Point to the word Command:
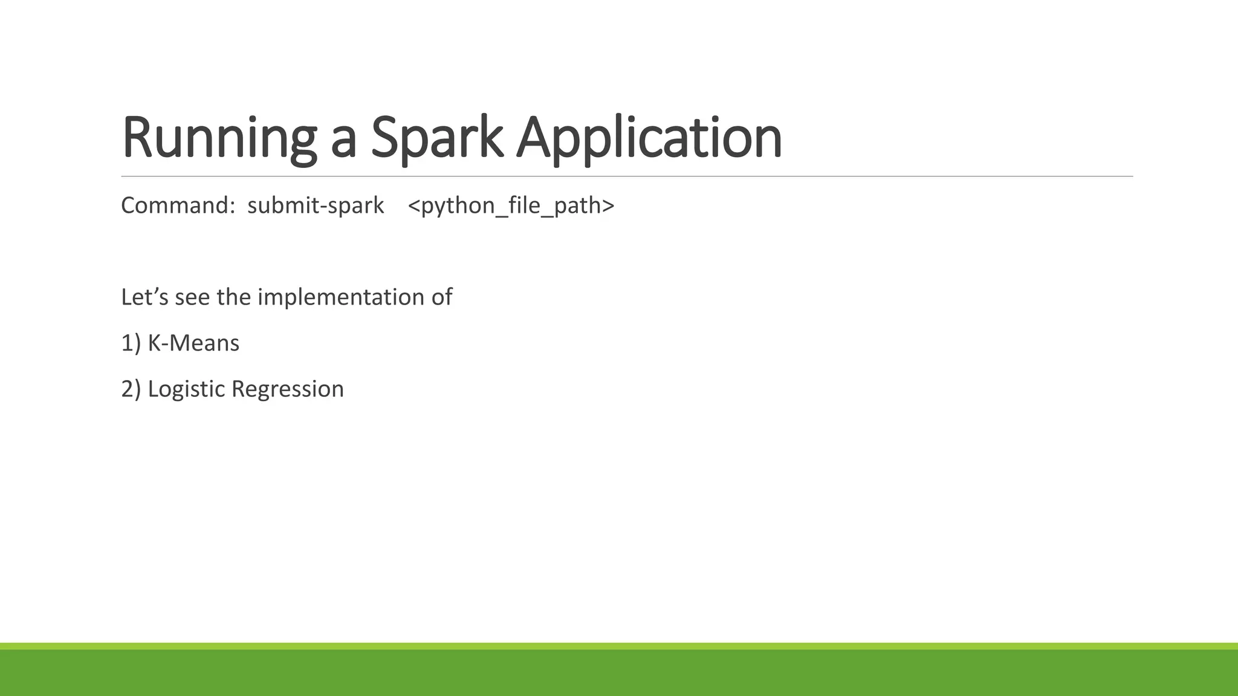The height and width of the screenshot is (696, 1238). tap(178, 205)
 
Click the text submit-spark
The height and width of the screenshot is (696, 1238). tap(316, 205)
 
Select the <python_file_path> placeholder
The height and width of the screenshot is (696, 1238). tap(511, 206)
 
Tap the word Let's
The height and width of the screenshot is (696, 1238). tap(144, 297)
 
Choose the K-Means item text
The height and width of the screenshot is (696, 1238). tap(193, 343)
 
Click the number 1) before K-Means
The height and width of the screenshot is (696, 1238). tap(131, 343)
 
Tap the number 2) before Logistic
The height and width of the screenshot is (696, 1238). tap(131, 389)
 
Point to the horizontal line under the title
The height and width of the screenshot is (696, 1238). tap(626, 176)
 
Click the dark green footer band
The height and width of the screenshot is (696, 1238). tap(619, 673)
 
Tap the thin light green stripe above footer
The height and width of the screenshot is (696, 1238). tap(619, 646)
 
